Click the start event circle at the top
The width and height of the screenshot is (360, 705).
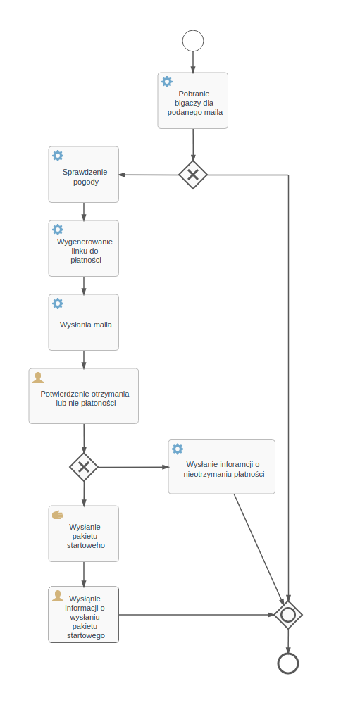pyautogui.click(x=193, y=41)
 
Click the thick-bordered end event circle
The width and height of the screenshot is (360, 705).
pyautogui.click(x=288, y=663)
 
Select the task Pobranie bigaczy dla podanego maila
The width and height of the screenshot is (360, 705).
pyautogui.click(x=193, y=101)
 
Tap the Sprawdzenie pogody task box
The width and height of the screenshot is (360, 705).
pyautogui.click(x=84, y=175)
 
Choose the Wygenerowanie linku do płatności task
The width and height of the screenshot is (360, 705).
pyautogui.click(x=84, y=249)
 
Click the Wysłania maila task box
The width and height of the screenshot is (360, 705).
pyautogui.click(x=84, y=323)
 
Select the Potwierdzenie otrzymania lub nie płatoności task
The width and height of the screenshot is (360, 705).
pyautogui.click(x=84, y=396)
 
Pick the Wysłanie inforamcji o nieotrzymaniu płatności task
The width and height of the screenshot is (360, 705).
pyautogui.click(x=221, y=467)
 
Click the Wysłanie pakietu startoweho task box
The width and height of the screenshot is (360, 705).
pyautogui.click(x=84, y=534)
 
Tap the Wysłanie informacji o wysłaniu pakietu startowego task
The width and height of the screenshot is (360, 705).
pyautogui.click(x=84, y=615)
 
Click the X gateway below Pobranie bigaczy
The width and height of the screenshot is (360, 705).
pyautogui.click(x=193, y=175)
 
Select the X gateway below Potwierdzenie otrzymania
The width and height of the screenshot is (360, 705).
pyautogui.click(x=84, y=466)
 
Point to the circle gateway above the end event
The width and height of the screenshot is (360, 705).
pyautogui.click(x=288, y=615)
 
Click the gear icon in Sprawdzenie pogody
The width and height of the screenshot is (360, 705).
pyautogui.click(x=58, y=156)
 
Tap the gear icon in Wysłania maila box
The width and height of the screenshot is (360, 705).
pyautogui.click(x=58, y=304)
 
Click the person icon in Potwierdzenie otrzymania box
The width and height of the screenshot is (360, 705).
pyautogui.click(x=38, y=378)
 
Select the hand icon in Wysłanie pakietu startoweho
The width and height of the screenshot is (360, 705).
pyautogui.click(x=58, y=515)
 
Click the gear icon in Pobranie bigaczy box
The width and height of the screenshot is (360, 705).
pyautogui.click(x=167, y=82)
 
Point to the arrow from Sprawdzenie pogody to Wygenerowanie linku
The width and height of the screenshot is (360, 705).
pyautogui.click(x=84, y=211)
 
